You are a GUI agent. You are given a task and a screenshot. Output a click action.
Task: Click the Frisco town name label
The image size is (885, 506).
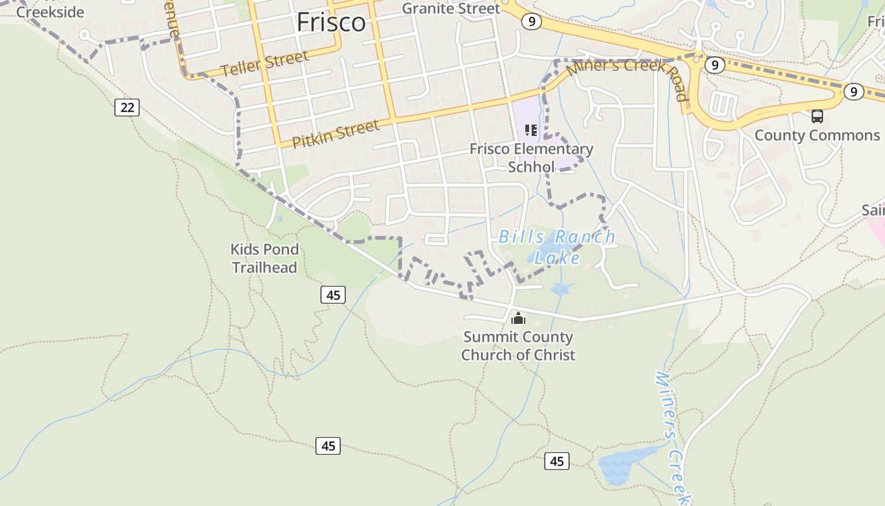(331, 22)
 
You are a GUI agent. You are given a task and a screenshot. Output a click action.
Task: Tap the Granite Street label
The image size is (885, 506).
(451, 8)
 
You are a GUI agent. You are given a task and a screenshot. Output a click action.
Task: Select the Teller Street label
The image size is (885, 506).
(265, 63)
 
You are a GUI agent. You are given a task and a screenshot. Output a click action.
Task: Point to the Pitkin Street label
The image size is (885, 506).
(336, 133)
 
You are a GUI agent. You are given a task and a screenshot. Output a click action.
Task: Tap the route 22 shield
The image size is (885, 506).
(127, 108)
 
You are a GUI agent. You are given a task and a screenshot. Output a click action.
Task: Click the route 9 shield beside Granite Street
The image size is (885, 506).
(532, 22)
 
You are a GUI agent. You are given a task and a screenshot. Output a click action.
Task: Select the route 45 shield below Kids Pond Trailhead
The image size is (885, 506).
(333, 294)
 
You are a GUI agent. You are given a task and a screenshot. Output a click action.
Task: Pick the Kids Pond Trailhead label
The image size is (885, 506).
(264, 258)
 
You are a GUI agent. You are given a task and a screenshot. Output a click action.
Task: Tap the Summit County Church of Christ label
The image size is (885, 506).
(518, 346)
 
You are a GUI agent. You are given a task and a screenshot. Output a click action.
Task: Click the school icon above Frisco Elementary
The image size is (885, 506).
(531, 130)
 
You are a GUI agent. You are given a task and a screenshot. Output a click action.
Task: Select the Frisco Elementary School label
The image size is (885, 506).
(531, 157)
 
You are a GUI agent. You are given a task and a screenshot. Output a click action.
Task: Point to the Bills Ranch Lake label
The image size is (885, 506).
(557, 247)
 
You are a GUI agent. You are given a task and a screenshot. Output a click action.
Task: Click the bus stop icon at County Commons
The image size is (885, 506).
(817, 116)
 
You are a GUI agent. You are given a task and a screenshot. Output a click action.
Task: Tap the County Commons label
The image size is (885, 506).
(817, 135)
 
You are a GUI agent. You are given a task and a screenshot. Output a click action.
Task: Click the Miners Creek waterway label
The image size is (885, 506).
(673, 436)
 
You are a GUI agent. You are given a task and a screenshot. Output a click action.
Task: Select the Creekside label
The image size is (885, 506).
(50, 12)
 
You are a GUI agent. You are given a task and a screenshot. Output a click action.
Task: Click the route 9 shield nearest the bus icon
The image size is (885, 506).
(853, 92)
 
